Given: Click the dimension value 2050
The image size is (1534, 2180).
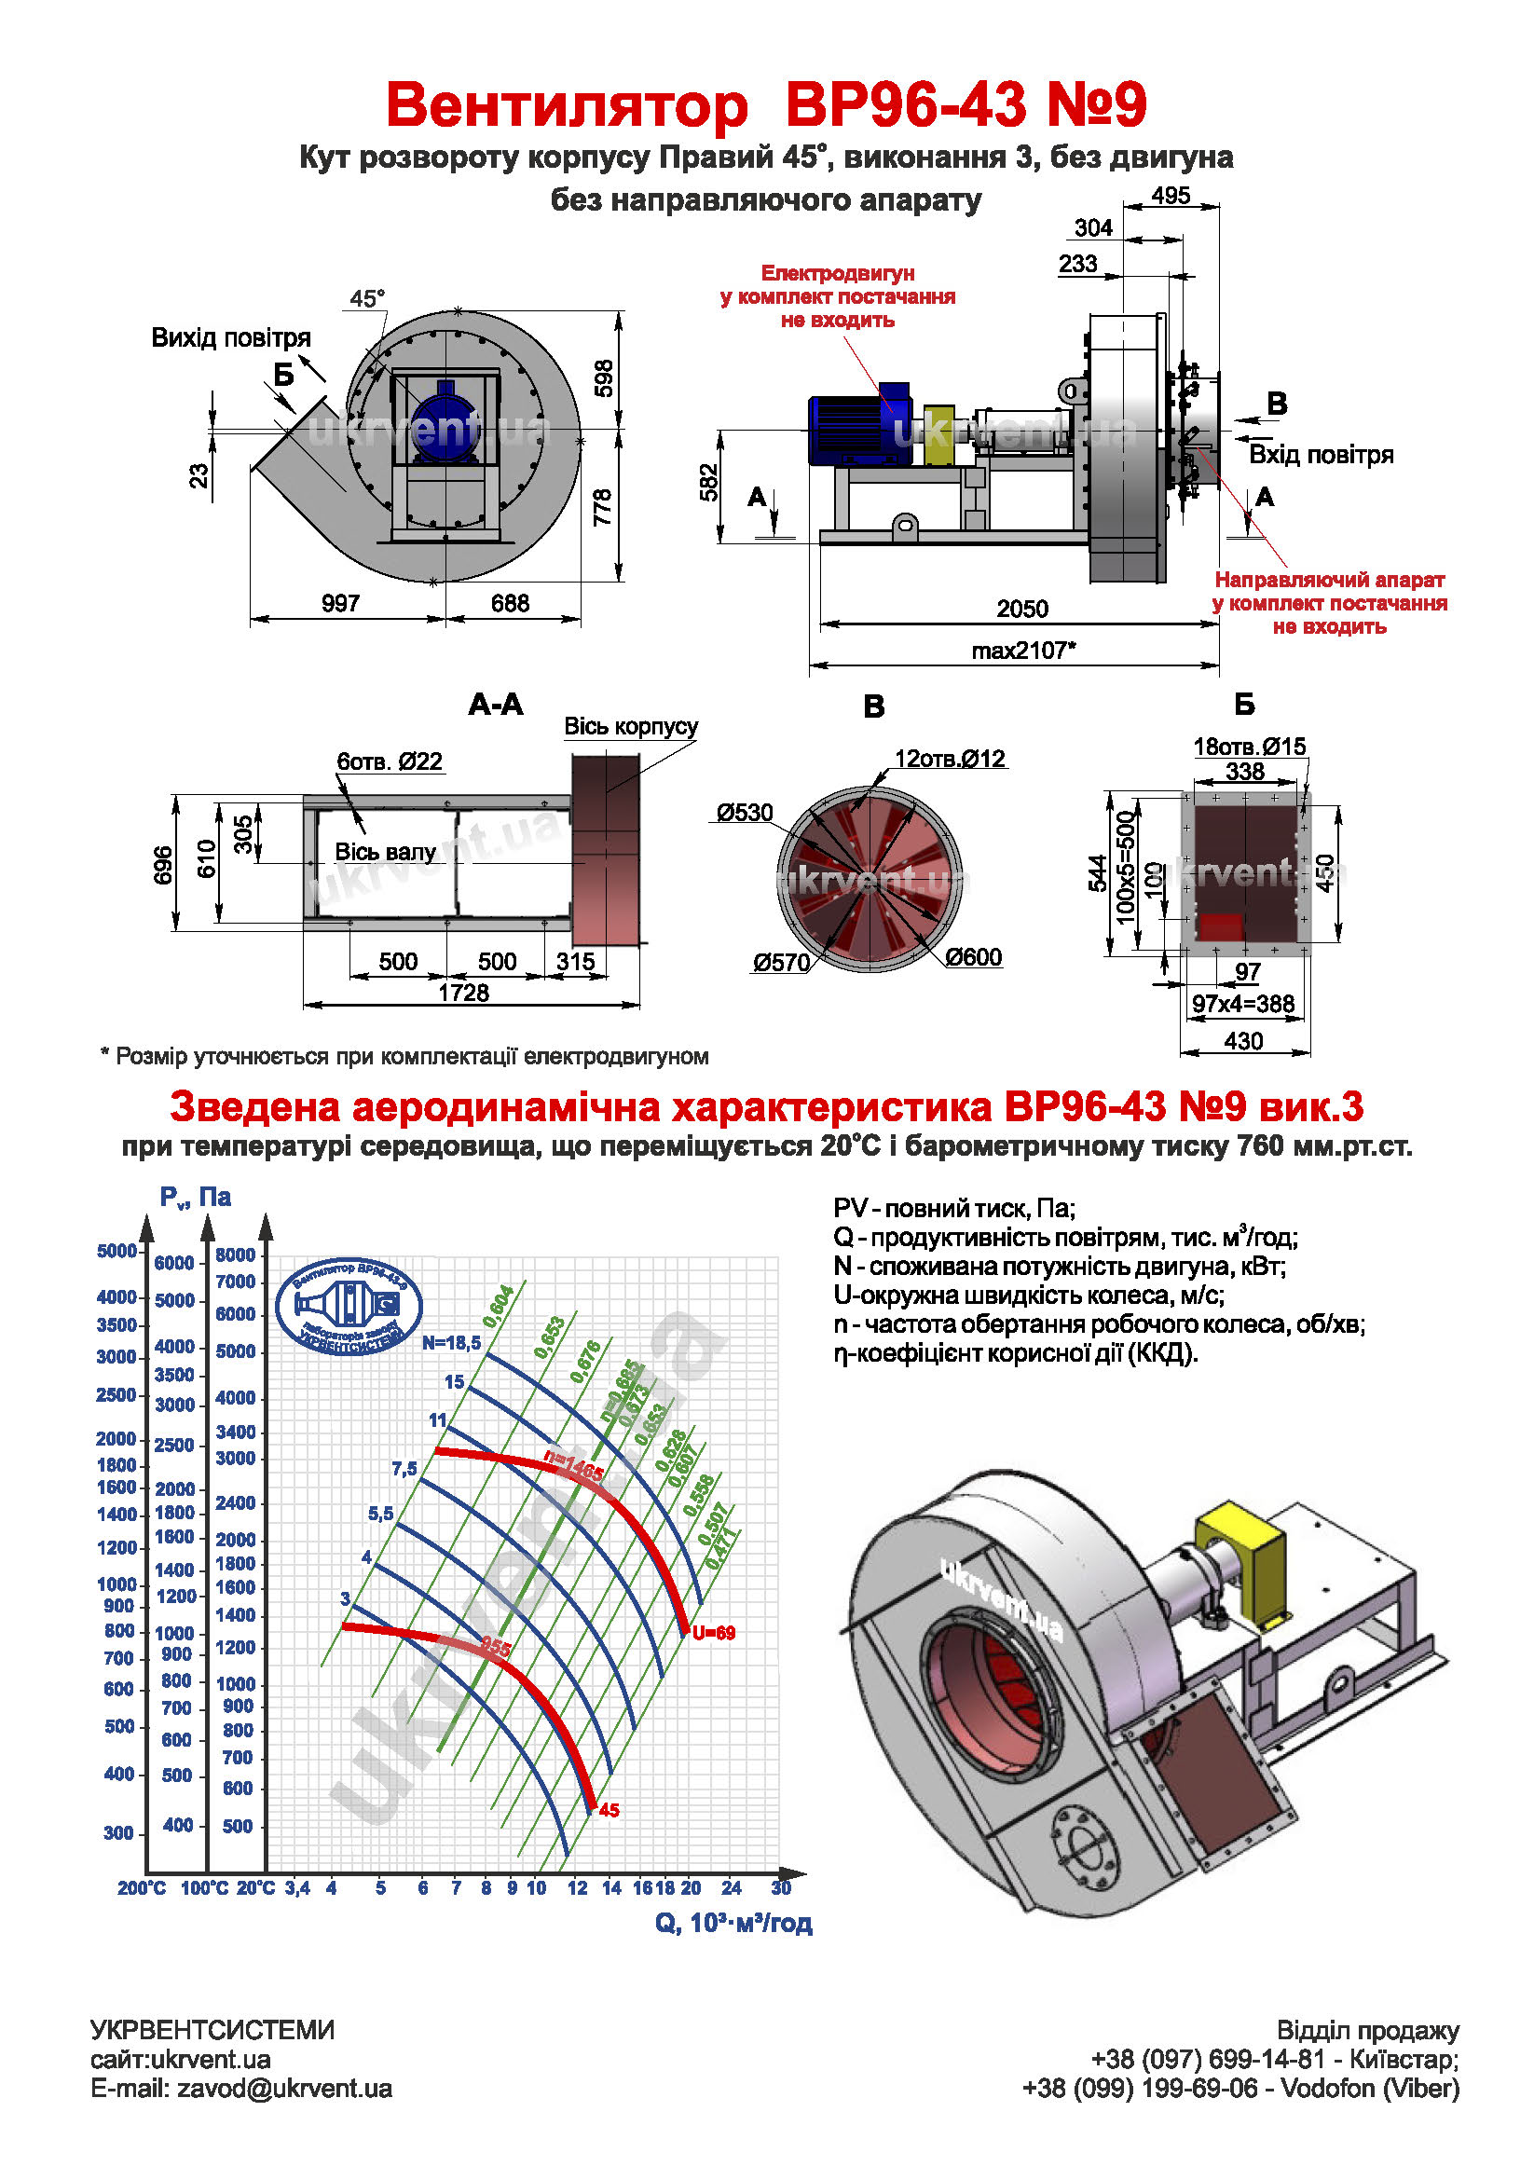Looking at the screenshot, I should click(x=1021, y=609).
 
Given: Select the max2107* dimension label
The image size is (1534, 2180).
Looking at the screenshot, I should click(x=1023, y=651).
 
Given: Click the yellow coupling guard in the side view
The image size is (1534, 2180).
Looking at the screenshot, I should click(x=938, y=435).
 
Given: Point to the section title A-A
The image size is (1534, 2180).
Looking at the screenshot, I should click(x=496, y=705).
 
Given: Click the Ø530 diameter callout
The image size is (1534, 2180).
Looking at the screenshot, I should click(x=745, y=813).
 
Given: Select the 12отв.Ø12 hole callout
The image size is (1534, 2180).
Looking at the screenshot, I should click(x=950, y=759).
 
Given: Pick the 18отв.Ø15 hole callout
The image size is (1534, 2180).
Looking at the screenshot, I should click(x=1248, y=747).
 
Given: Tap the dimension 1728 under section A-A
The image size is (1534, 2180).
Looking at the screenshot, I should click(x=463, y=993).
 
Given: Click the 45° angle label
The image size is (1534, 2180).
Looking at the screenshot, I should click(x=367, y=299).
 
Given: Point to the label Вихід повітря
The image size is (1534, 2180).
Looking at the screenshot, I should click(x=231, y=338).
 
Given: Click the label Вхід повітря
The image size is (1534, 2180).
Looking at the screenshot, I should click(x=1321, y=455).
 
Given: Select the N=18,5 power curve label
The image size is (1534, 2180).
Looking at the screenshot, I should click(x=451, y=1342).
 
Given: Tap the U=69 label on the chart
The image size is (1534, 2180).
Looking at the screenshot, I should click(x=713, y=1633).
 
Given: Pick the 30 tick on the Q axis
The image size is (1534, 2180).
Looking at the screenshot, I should click(x=780, y=1887).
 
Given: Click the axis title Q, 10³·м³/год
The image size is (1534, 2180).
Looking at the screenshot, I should click(x=733, y=1923).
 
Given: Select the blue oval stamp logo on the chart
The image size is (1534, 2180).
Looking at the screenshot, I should click(x=349, y=1305).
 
